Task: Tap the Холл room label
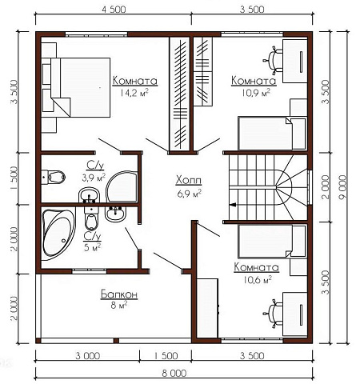189,181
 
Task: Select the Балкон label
119,294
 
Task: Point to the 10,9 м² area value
256,93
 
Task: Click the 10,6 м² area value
258,280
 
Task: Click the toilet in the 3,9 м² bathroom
54,177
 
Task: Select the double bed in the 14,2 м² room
80,87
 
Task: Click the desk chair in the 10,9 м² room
273,60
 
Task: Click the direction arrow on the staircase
233,205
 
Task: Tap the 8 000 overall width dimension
174,373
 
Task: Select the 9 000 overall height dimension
343,187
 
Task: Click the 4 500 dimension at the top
114,10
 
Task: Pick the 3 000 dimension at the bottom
88,356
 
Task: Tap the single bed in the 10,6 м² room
272,242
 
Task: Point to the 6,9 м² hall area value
189,194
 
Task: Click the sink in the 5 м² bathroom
115,214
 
